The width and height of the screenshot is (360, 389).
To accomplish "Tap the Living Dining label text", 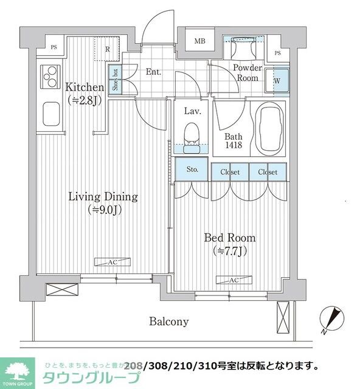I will point(103,197).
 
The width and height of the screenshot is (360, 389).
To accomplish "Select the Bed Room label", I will point(229,238).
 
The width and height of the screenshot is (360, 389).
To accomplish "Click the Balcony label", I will point(169,322).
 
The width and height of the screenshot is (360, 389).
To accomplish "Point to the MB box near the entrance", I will point(199,41).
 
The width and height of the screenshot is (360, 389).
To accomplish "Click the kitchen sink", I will point(49,113).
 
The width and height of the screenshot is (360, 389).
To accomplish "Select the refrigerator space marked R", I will point(108,49).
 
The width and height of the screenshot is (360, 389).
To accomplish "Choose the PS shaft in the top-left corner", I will point(54,47).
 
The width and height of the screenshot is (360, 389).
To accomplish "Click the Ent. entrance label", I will point(153,72).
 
